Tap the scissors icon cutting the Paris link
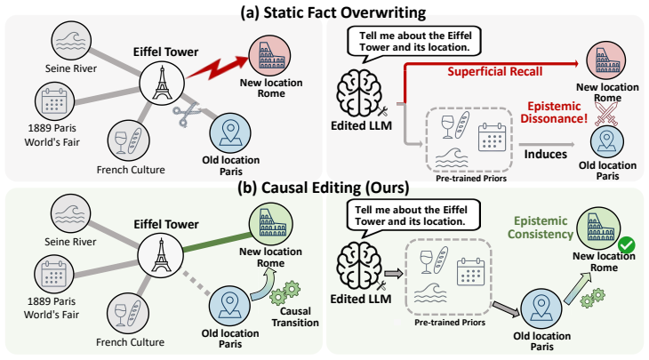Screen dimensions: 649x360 point(186,115)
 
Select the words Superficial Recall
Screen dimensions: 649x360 point(494,72)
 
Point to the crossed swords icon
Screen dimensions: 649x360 point(606,114)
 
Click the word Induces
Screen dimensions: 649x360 point(546,155)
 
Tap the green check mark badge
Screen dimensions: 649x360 point(627,244)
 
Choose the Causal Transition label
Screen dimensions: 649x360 point(295,317)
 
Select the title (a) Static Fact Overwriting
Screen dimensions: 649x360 point(333,12)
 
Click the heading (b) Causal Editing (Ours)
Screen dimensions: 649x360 point(324,188)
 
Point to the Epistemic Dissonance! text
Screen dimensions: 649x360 point(554,112)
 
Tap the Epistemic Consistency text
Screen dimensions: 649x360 point(541,228)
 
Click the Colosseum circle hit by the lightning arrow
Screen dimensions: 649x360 point(269,55)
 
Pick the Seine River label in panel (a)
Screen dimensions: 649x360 point(71,68)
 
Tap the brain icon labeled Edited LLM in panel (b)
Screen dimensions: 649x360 point(357,266)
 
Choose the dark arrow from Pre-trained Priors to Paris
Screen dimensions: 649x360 point(505,309)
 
